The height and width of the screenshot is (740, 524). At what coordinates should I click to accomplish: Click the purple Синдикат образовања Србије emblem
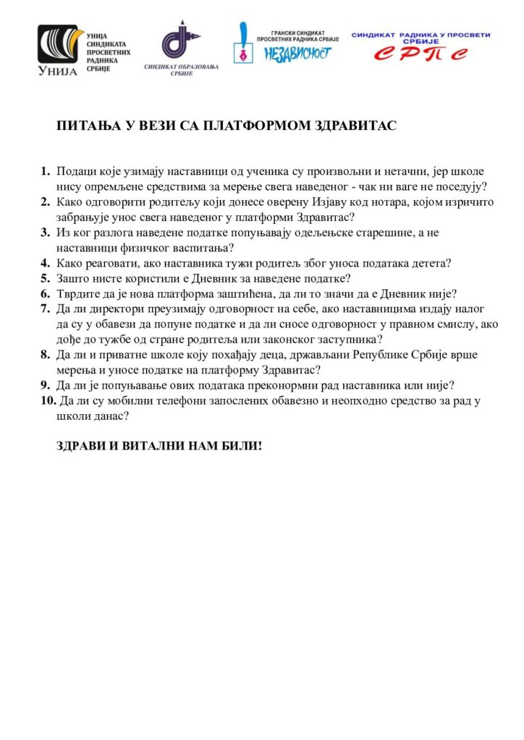click(173, 40)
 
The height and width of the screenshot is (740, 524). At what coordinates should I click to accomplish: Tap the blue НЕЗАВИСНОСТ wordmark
click(297, 53)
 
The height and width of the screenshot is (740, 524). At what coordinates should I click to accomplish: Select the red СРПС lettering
click(420, 53)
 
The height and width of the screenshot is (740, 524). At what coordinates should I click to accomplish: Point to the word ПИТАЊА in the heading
click(83, 126)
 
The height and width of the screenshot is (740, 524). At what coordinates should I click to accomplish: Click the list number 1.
click(45, 171)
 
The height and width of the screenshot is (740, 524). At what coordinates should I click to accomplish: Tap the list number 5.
click(45, 277)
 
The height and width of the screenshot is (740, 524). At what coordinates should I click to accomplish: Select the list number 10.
click(47, 401)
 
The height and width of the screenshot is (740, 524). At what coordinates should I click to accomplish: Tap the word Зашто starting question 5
click(73, 277)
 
